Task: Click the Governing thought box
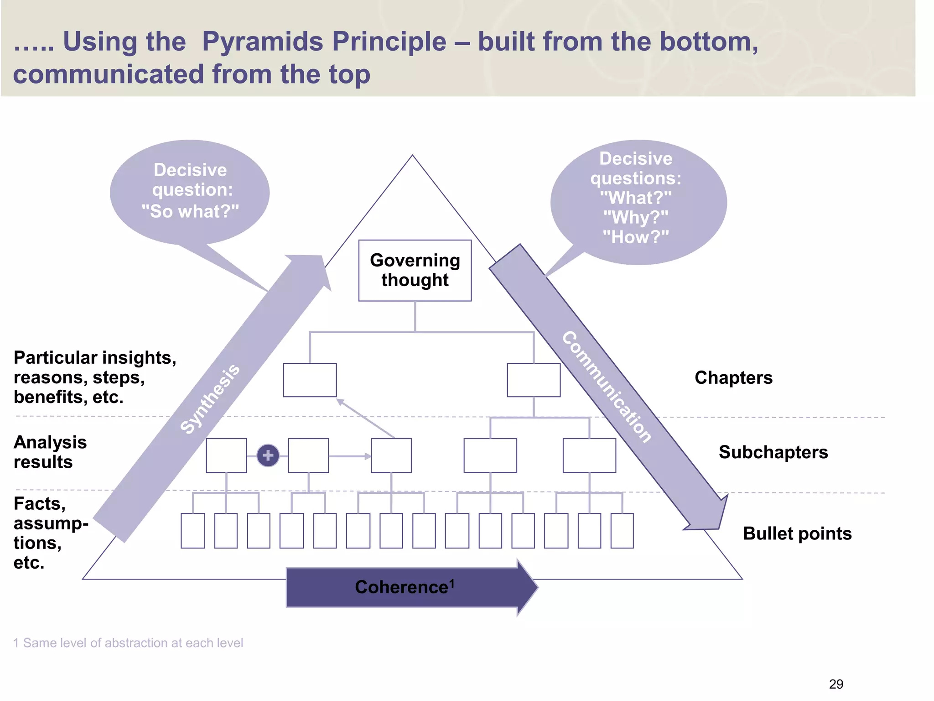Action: (x=415, y=270)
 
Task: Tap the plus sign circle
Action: (x=268, y=455)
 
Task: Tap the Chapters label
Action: (x=733, y=378)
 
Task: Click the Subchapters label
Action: (x=773, y=452)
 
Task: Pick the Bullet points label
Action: (x=797, y=534)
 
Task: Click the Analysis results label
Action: (x=50, y=452)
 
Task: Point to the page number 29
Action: (x=835, y=684)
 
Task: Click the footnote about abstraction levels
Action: (x=128, y=643)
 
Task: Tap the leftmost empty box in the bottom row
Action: (x=192, y=530)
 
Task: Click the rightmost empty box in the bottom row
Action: (x=622, y=530)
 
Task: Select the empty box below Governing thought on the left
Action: (x=310, y=380)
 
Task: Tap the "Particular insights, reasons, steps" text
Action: (x=94, y=377)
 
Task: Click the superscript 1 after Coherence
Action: (x=452, y=583)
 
